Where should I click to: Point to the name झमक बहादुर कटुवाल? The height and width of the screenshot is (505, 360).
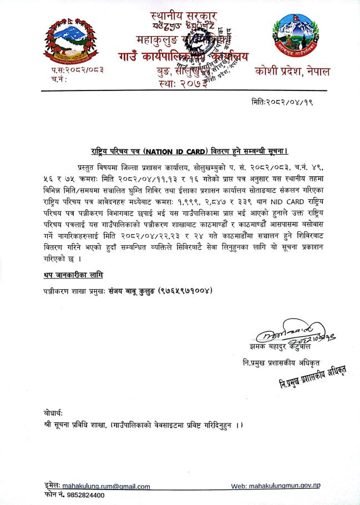pyautogui.click(x=278, y=349)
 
